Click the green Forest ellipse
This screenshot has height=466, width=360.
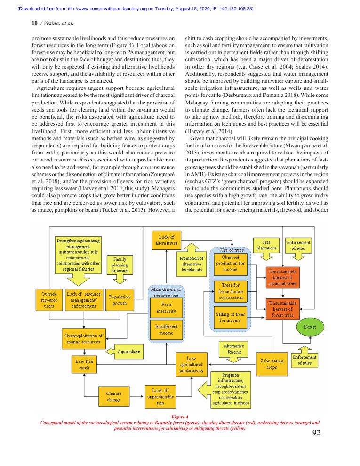point(310,327)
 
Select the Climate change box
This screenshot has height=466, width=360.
point(114,396)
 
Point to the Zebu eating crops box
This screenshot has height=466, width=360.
point(272,364)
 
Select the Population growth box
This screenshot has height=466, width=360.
point(120,300)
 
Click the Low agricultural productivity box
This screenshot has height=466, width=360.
point(191,364)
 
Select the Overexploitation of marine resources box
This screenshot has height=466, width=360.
point(84,339)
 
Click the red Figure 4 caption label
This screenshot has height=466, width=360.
point(180,417)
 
